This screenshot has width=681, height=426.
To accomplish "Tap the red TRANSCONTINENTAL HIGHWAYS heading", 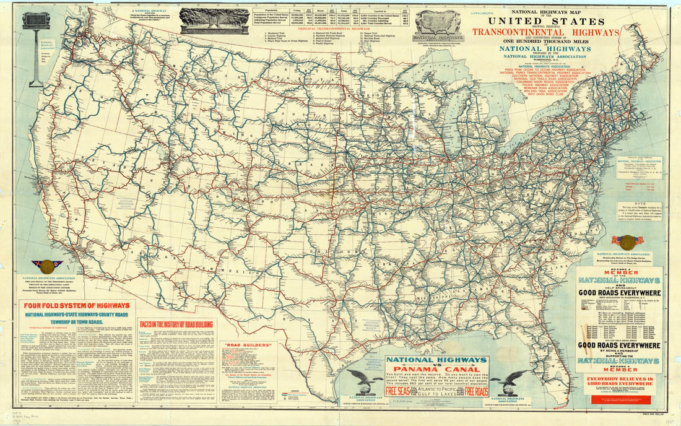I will [547, 32].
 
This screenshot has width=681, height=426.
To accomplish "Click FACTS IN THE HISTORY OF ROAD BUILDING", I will [176, 324].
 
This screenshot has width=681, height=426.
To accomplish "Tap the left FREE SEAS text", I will [396, 391].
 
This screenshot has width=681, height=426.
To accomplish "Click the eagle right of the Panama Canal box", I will [514, 381].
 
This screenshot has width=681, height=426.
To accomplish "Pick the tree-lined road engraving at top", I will [214, 20].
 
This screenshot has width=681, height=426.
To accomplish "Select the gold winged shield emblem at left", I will [47, 267].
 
